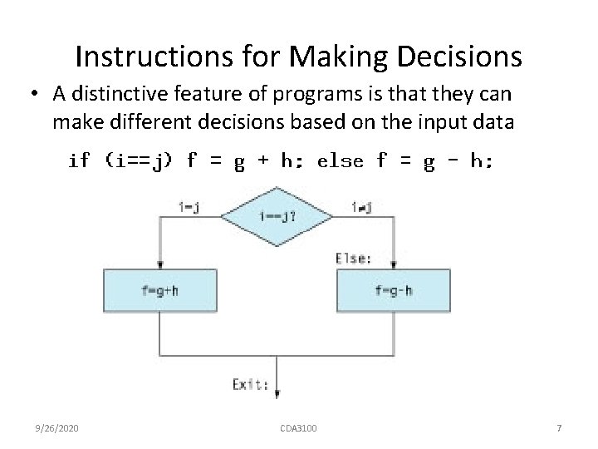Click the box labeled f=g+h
click(x=159, y=291)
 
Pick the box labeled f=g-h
click(x=393, y=291)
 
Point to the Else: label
click(x=353, y=258)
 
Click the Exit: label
click(x=250, y=384)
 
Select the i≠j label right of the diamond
click(x=361, y=206)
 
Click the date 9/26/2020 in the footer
click(x=58, y=428)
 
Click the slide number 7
click(x=559, y=428)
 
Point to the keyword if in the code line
click(x=79, y=161)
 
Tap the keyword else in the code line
click(x=341, y=161)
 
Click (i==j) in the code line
click(x=140, y=161)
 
